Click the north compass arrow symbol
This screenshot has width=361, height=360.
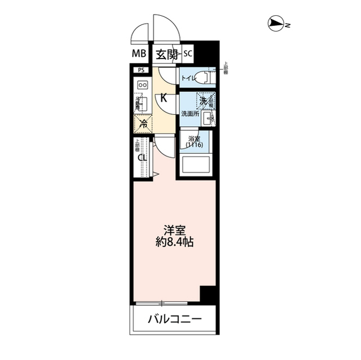click(276, 24)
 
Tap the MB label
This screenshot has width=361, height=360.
click(139, 54)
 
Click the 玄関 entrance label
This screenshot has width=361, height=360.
click(167, 54)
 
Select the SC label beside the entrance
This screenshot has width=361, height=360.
click(188, 54)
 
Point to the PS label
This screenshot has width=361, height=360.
click(141, 70)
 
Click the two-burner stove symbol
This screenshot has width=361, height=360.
click(143, 85)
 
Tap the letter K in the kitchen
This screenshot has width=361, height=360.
click(164, 97)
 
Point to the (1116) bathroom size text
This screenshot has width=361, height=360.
click(194, 145)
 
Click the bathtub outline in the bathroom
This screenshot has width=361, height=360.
click(195, 165)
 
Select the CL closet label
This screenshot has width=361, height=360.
click(143, 158)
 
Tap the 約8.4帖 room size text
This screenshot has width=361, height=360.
click(175, 243)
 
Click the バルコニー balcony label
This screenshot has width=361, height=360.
click(175, 320)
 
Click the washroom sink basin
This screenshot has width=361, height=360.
click(208, 117)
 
